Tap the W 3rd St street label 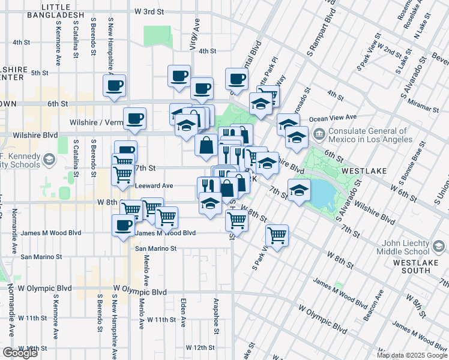(149, 11)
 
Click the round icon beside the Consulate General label (319, 133)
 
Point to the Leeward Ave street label (154, 185)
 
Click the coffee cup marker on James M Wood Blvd (124, 226)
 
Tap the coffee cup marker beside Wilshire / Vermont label (134, 118)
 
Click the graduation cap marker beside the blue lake (299, 191)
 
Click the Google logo (20, 353)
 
